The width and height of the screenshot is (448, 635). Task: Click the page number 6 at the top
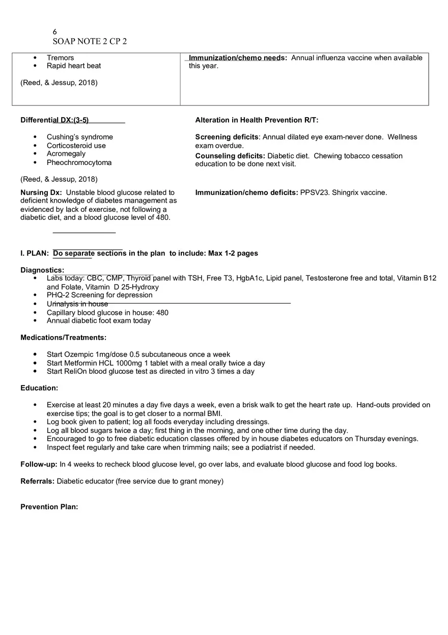pyautogui.click(x=55, y=32)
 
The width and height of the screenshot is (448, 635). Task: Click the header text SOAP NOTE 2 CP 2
pyautogui.click(x=90, y=42)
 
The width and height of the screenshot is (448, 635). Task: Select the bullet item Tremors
pyautogui.click(x=60, y=58)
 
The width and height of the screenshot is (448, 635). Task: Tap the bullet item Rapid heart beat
pyautogui.click(x=74, y=66)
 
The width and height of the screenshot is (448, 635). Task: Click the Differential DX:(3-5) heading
pyautogui.click(x=54, y=120)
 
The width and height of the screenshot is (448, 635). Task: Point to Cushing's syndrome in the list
pyautogui.click(x=80, y=137)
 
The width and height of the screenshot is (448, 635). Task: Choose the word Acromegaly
pyautogui.click(x=66, y=154)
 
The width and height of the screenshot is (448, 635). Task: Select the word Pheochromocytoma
pyautogui.click(x=79, y=163)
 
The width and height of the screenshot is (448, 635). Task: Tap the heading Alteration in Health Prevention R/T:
pyautogui.click(x=257, y=120)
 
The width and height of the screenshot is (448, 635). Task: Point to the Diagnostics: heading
pyautogui.click(x=42, y=270)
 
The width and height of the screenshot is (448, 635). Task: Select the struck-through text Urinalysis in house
pyautogui.click(x=77, y=304)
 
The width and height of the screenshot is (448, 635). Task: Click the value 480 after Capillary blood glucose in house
pyautogui.click(x=162, y=313)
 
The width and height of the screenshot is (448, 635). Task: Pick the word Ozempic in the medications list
pyautogui.click(x=79, y=354)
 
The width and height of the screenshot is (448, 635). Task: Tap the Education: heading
pyautogui.click(x=39, y=388)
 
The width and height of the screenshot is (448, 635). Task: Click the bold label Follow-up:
pyautogui.click(x=39, y=464)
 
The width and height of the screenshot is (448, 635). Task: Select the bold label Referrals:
pyautogui.click(x=37, y=481)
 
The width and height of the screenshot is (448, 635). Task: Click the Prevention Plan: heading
pyautogui.click(x=49, y=507)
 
